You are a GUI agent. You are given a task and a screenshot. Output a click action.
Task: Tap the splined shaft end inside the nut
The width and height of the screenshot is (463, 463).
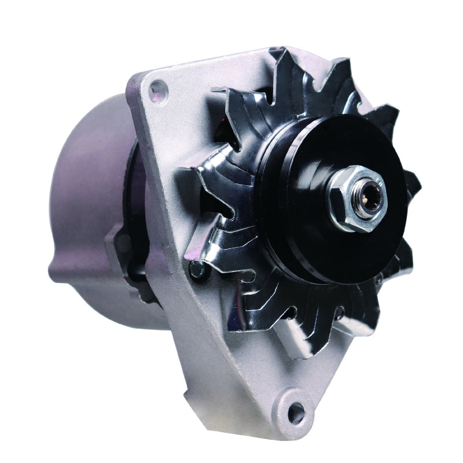pyautogui.click(x=366, y=197)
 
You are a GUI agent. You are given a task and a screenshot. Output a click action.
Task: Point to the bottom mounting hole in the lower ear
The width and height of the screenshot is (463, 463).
pyautogui.click(x=296, y=411)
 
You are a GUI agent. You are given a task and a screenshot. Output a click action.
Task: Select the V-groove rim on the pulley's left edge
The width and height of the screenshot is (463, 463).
pyautogui.click(x=267, y=203)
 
